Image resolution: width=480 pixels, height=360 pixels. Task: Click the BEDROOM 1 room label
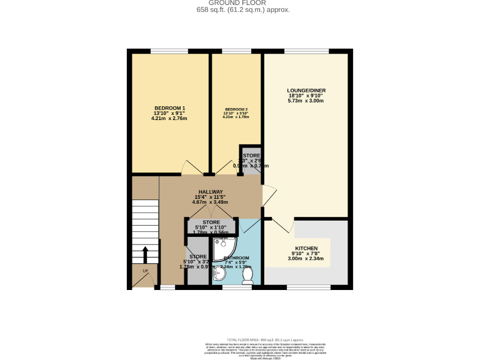coord(169,107)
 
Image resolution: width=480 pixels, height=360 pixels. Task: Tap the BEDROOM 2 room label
coord(236,109)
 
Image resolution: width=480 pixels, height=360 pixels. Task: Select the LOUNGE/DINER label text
coord(306,90)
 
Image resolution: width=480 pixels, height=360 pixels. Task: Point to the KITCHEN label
coord(306,248)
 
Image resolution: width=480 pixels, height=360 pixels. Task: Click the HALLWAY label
coord(211,192)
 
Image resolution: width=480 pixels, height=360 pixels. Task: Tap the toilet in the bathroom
coord(247,274)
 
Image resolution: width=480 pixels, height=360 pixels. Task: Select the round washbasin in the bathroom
coord(219,274)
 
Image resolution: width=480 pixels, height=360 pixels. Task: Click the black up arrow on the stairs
coord(145,255)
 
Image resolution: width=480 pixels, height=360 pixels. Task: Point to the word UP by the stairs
coord(145,271)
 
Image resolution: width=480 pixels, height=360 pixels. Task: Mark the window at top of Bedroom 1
coord(169,51)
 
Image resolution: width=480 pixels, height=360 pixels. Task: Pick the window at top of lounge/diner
coord(306,51)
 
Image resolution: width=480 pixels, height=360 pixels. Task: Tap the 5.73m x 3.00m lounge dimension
coord(306,101)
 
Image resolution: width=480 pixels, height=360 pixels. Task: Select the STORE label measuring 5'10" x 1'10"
coord(211,222)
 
